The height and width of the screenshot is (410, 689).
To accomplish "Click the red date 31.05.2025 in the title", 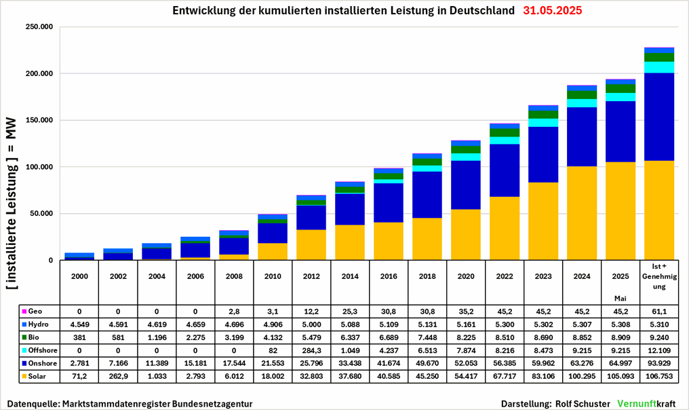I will [552, 12].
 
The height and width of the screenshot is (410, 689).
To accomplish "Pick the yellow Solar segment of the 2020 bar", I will [465, 235].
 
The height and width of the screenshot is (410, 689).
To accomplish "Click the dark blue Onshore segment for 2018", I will [426, 195].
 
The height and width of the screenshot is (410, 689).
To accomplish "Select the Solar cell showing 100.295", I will [581, 376].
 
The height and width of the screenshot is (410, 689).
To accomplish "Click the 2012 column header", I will [312, 277].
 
